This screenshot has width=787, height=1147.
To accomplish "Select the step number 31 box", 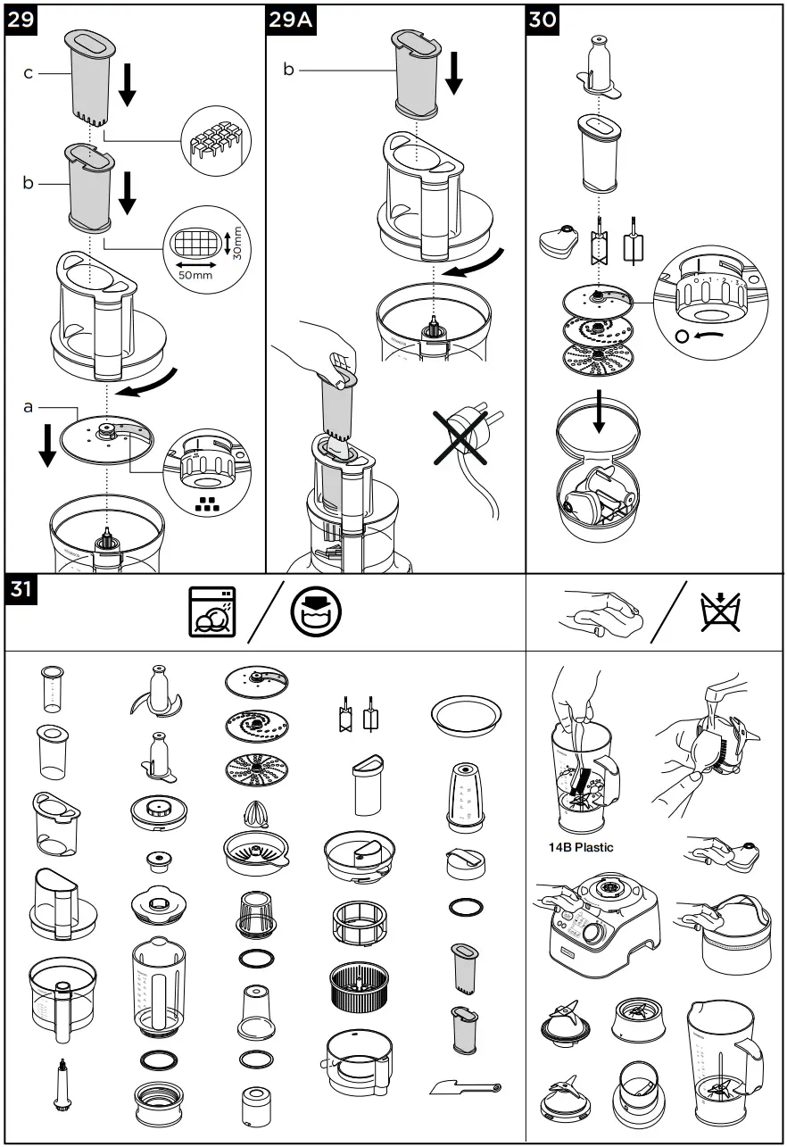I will coord(22,591).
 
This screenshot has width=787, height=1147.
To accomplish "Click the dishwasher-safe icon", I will coord(212,611).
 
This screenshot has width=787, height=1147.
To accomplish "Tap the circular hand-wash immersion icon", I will coord(316,611).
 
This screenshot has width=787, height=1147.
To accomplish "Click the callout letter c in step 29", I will coord(29,73).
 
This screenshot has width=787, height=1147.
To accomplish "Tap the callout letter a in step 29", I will coord(29,406).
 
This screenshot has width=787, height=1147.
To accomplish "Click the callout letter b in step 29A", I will coord(288,70).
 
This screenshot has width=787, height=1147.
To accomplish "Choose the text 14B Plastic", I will coord(581,846).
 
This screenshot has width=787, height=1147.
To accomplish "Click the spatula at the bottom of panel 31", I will coord(465,1087).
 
